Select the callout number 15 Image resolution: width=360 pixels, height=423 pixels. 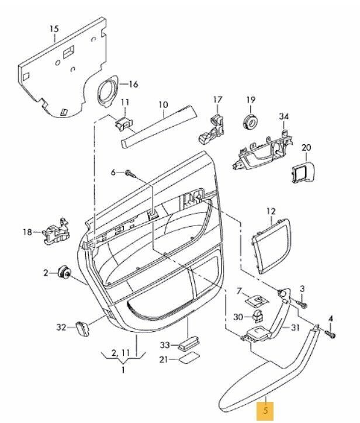[54, 29]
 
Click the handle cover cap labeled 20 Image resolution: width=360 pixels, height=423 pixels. [303, 172]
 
